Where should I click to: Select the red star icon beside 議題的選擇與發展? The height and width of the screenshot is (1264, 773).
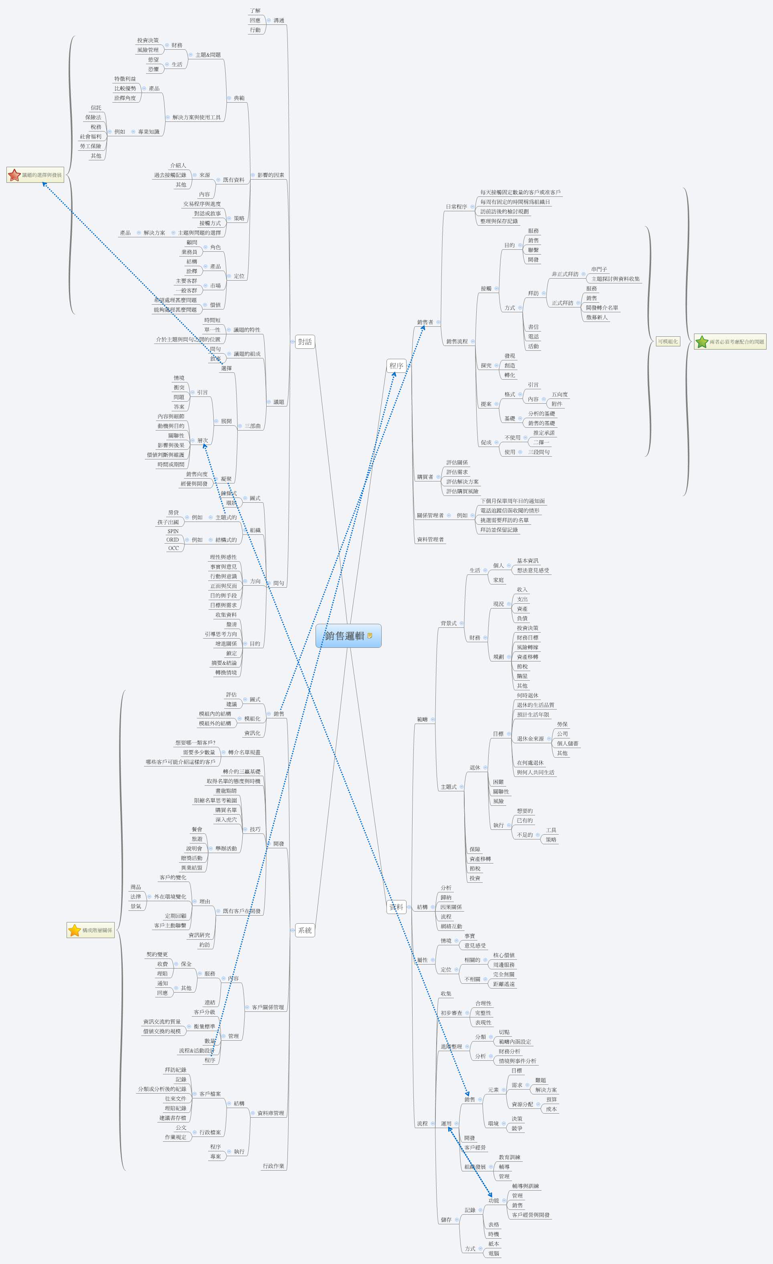(x=14, y=175)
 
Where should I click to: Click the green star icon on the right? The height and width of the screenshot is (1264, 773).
(x=702, y=342)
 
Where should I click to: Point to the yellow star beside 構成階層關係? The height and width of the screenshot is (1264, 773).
(x=75, y=930)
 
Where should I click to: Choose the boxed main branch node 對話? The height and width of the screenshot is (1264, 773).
(x=305, y=342)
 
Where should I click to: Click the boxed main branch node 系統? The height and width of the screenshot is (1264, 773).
(x=305, y=930)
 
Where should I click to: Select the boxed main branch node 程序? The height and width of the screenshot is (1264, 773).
(x=396, y=366)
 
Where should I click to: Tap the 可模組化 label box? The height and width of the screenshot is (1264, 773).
(x=667, y=342)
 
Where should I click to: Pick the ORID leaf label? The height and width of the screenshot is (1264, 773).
(x=172, y=540)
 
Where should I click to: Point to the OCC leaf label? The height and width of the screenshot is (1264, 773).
(x=173, y=548)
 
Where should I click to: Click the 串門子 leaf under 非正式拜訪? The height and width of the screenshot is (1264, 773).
(x=599, y=269)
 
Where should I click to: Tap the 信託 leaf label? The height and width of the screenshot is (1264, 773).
(x=96, y=108)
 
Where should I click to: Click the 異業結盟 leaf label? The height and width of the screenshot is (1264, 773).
(x=191, y=868)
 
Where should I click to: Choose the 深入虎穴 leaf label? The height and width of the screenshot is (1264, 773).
(x=226, y=820)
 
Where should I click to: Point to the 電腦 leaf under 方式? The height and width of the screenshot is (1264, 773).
(x=494, y=1253)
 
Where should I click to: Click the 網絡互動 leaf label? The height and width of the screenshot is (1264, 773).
(x=451, y=926)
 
